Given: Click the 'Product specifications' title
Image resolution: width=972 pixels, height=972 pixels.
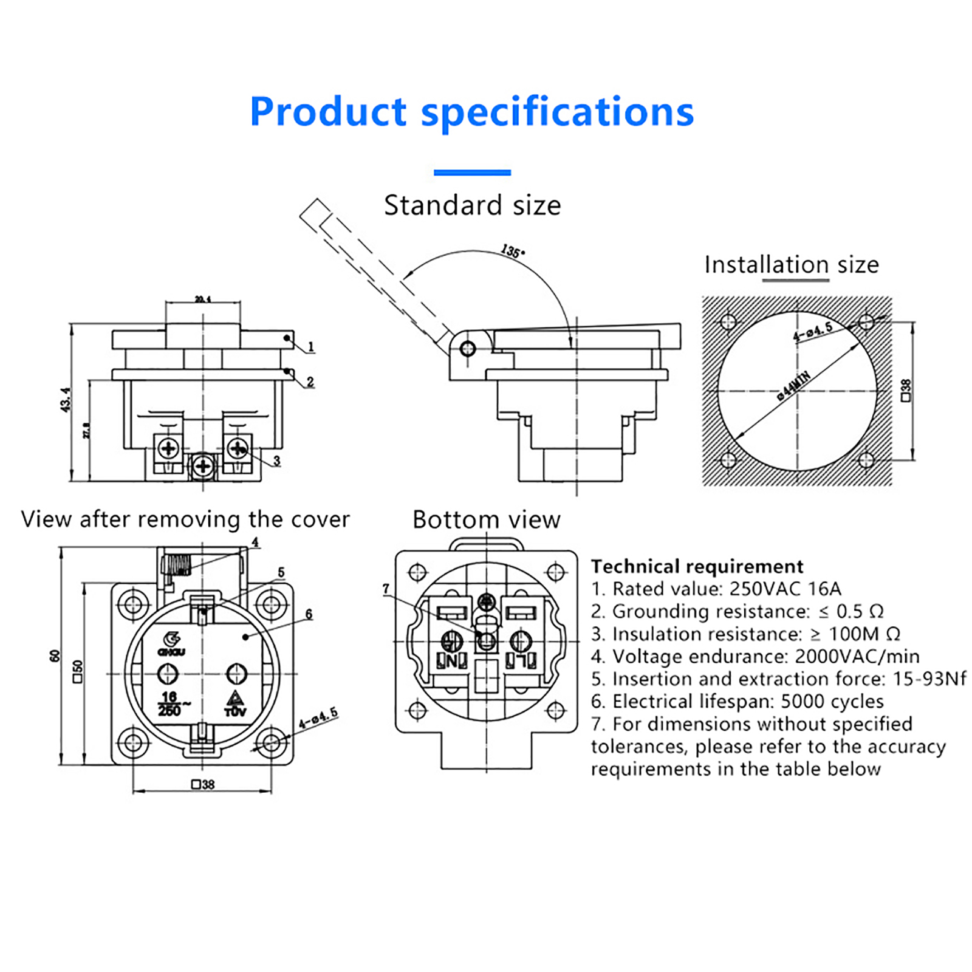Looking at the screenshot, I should (471, 112).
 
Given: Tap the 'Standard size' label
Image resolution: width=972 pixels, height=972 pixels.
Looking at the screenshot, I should (472, 205).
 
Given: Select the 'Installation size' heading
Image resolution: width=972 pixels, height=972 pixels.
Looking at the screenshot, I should (791, 265).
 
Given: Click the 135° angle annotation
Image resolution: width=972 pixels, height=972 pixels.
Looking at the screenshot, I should (512, 251).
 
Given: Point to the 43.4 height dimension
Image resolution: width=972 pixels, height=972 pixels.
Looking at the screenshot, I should (65, 400).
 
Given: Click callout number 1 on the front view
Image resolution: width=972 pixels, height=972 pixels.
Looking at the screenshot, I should (311, 347).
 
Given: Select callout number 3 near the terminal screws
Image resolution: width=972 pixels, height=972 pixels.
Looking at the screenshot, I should (277, 460).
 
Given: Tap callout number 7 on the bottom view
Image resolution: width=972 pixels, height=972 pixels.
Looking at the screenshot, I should (386, 589).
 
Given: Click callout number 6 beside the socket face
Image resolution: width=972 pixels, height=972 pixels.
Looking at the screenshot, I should (309, 614).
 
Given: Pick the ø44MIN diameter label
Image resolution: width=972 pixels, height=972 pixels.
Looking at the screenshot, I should (793, 385).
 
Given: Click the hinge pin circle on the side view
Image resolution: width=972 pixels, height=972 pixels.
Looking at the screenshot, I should (468, 349).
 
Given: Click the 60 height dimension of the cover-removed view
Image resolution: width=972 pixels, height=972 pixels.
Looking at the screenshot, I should (55, 656).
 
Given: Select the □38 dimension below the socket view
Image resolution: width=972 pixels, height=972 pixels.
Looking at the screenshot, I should (203, 784).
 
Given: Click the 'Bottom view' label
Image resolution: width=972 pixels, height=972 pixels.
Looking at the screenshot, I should (486, 520).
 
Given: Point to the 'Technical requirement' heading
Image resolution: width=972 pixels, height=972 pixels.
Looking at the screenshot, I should (697, 566).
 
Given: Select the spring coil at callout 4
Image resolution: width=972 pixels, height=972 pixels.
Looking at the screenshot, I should (177, 564).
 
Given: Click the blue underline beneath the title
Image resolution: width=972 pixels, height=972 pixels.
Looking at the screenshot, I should (472, 173).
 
